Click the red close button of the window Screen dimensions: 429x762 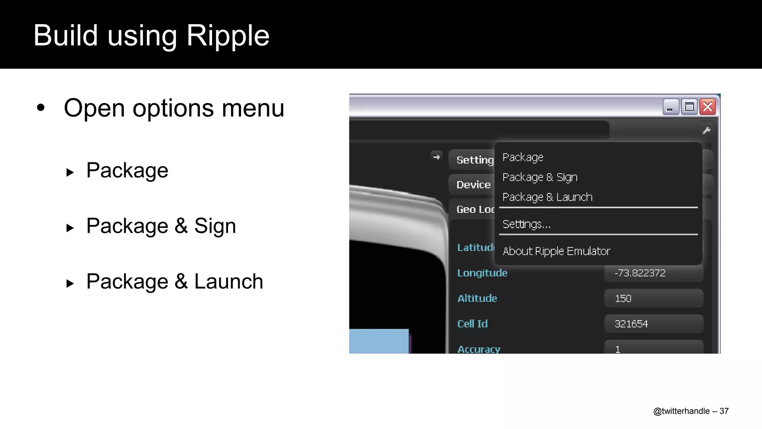(708, 107)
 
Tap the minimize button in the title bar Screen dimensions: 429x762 (670, 107)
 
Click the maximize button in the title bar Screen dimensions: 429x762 (689, 107)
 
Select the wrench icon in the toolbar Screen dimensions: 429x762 (706, 131)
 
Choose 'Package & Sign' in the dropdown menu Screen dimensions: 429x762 (540, 177)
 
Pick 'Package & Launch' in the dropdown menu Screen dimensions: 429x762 (547, 197)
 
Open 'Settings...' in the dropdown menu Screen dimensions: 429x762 (526, 224)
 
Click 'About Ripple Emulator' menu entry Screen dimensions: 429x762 (556, 251)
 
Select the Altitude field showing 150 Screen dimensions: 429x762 (653, 298)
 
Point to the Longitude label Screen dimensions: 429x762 (482, 273)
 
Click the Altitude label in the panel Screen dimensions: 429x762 (477, 298)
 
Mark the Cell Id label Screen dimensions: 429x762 (472, 324)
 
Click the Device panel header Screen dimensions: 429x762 (473, 184)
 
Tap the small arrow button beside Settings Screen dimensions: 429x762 (436, 157)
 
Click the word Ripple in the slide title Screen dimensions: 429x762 (228, 36)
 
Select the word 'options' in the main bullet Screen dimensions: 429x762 (173, 109)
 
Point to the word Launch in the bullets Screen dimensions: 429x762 (228, 282)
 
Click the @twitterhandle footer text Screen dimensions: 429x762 (681, 411)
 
